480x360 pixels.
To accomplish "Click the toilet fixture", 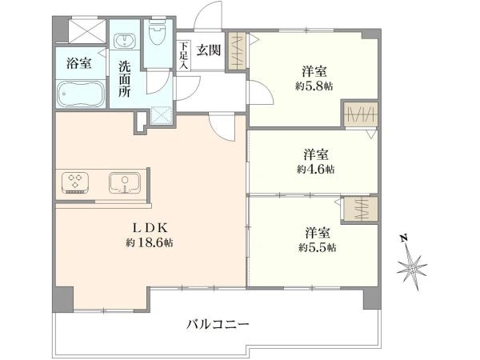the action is (x=158, y=33).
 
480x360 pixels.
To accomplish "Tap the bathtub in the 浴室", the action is (x=81, y=94).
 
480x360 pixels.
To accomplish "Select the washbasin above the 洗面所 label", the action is (x=125, y=41).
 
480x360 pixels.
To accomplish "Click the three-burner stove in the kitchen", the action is (x=75, y=182).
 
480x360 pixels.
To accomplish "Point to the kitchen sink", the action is (x=125, y=182).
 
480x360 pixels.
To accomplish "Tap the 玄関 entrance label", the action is (x=209, y=50).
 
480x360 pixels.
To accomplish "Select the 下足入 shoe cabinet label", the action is (x=184, y=55).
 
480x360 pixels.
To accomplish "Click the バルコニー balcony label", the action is (x=218, y=325).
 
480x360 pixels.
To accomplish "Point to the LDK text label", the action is (x=150, y=228).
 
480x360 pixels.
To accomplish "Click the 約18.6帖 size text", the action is (x=150, y=243).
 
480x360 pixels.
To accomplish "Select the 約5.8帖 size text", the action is (x=314, y=86).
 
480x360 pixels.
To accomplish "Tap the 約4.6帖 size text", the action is (x=316, y=169).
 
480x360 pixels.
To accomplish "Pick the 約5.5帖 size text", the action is (x=317, y=247).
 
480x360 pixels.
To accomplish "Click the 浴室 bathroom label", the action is (x=78, y=63).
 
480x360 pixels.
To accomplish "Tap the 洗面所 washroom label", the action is (x=125, y=79).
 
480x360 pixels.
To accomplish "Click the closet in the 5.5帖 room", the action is (x=361, y=209).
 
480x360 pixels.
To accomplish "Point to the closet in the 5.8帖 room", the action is (x=360, y=114).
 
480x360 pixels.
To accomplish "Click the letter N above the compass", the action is (x=404, y=238).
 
